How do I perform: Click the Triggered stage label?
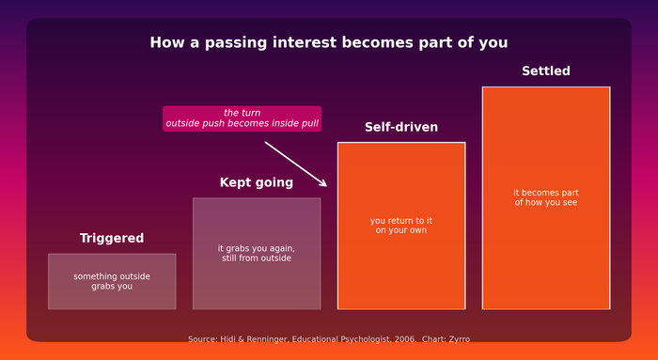112,238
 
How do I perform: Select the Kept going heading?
257,182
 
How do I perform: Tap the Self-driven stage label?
401,127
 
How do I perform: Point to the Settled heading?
546,70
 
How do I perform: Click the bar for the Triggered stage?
112,282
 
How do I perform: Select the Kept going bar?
257,254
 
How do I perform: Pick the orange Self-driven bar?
401,226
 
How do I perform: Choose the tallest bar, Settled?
546,198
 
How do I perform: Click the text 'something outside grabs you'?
112,281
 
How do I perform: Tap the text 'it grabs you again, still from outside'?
257,253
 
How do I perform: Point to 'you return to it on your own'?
401,226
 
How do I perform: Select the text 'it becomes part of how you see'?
546,197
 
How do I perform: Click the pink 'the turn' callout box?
243,118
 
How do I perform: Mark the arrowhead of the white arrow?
326,185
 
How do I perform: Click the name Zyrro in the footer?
459,339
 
